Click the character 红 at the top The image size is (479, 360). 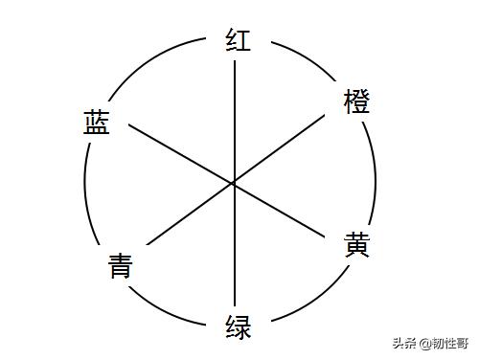238,40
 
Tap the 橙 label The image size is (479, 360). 356,101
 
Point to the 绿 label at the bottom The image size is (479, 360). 238,326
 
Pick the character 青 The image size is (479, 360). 120,264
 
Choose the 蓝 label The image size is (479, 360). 95,122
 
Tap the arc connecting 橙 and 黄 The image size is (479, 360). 375,177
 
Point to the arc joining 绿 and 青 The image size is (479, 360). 172,305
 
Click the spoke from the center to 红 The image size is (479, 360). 235,115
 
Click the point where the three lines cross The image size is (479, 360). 235,182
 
